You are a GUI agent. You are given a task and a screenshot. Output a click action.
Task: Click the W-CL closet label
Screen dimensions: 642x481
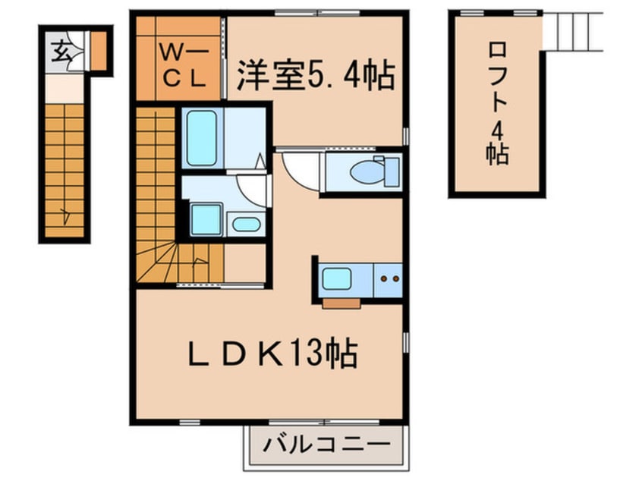tap(183, 65)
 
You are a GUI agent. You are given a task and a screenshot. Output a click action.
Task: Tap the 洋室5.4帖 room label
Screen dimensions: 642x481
tap(316, 75)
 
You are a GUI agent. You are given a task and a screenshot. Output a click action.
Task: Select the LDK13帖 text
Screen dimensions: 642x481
tap(272, 353)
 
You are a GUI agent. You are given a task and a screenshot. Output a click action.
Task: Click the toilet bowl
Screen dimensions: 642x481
tap(367, 172)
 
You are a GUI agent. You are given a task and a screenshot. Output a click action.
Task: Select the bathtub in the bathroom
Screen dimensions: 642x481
tap(201, 138)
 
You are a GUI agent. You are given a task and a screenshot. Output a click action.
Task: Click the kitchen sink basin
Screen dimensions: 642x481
tap(337, 278)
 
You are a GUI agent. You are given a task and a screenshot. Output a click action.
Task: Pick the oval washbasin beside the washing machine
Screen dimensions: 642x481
tap(246, 224)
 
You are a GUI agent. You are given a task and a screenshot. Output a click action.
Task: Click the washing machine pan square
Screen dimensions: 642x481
tap(206, 220)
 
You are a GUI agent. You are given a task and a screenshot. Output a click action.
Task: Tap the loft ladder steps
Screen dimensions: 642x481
tap(572, 32)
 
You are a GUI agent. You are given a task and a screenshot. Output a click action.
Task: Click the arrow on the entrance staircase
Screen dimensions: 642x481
tap(65, 215)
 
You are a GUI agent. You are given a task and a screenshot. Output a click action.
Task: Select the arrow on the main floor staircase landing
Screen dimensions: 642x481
tap(199, 262)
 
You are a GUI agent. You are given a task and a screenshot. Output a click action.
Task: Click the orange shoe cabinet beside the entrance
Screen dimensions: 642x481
tap(98, 51)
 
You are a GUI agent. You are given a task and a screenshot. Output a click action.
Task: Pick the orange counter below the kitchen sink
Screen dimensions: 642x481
tap(341, 303)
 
